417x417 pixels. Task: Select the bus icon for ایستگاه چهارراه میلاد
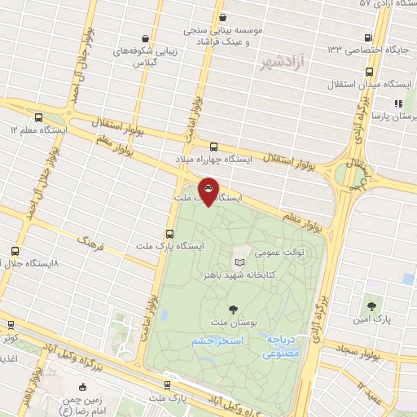[x=213, y=147]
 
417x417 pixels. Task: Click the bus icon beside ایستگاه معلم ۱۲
[x=38, y=117]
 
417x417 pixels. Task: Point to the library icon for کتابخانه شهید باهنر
[x=239, y=262]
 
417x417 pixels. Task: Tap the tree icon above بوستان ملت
[x=235, y=309]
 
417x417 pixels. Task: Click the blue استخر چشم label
[x=214, y=342]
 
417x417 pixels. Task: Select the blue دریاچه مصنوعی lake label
[x=282, y=347]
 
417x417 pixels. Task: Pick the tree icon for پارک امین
[x=371, y=306]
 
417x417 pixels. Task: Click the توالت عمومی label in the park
[x=282, y=252]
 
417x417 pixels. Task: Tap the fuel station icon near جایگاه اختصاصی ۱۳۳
[x=370, y=37]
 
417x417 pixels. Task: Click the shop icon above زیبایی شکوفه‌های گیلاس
[x=145, y=37]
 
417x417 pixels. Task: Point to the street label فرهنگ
[x=91, y=240]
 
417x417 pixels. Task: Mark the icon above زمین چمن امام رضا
[x=82, y=387]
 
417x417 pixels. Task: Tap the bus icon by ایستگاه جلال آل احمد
[x=15, y=251]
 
